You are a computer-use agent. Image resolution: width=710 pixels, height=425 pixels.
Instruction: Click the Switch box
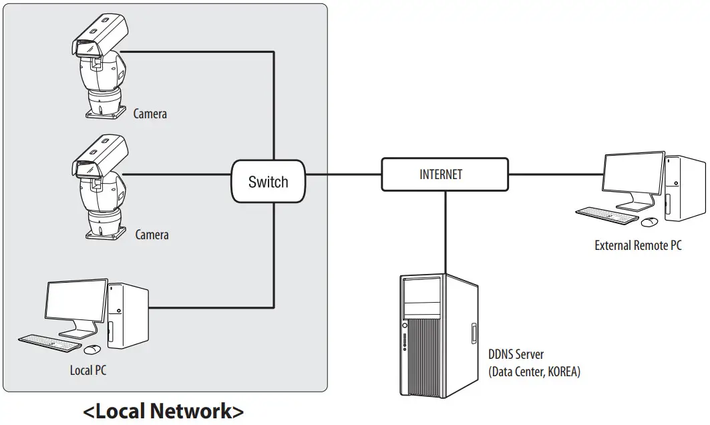point(269,182)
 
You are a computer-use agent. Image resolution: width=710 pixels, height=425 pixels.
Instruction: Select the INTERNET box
point(444,174)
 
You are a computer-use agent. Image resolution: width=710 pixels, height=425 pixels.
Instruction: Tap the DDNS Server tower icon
point(438,335)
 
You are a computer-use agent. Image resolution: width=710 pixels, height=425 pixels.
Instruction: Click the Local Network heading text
point(163,410)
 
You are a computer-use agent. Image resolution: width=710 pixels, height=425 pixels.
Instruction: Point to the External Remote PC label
point(638,245)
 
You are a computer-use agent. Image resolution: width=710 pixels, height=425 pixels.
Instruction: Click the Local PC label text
point(88,370)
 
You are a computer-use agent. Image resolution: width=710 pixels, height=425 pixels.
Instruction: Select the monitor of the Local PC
point(76,301)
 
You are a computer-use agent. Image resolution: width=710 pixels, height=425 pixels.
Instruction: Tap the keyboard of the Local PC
point(49,341)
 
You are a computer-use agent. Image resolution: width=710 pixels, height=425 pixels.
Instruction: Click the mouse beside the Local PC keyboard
point(92,349)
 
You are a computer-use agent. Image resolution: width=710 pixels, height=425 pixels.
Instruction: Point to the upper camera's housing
point(100,36)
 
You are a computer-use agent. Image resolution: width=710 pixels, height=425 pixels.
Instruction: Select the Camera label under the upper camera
point(150,114)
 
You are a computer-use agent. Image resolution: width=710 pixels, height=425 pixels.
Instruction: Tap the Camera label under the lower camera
point(152,235)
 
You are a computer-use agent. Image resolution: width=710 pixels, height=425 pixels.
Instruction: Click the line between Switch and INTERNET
point(343,175)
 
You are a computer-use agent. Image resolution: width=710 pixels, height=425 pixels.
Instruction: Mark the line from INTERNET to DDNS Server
point(444,231)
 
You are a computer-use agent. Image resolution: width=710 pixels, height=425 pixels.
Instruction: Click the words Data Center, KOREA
point(534,372)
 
